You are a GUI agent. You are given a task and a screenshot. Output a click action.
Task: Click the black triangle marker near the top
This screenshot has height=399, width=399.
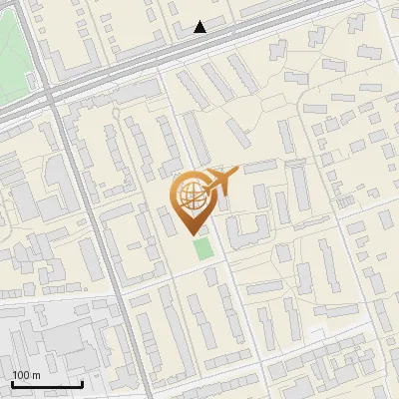(200, 27)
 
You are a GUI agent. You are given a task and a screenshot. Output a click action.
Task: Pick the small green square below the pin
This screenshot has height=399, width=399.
(203, 247)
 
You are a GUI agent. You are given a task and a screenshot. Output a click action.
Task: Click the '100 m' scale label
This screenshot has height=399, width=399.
(26, 375)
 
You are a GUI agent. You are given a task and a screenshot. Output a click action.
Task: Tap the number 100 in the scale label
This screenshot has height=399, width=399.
(21, 375)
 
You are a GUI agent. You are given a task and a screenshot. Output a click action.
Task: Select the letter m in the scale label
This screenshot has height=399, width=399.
(36, 375)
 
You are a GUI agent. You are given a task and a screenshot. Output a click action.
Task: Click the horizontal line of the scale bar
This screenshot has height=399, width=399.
(46, 384)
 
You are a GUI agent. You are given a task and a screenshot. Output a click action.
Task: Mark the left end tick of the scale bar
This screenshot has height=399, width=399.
(11, 382)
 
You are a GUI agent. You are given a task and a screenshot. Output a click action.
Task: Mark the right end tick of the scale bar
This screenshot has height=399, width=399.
(82, 382)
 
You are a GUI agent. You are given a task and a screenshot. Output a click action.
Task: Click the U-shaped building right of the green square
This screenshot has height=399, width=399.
(247, 228)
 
